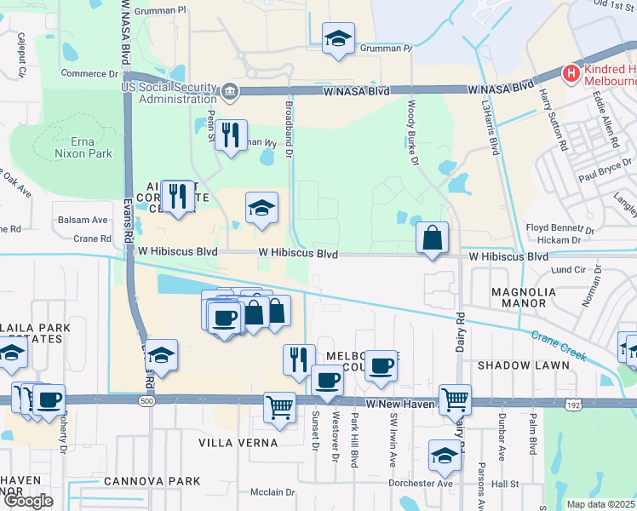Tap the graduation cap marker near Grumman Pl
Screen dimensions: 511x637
pyautogui.click(x=338, y=38)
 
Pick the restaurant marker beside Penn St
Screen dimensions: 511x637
pyautogui.click(x=230, y=135)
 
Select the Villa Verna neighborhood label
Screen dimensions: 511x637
pyautogui.click(x=238, y=443)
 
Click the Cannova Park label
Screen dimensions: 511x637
pyautogui.click(x=152, y=481)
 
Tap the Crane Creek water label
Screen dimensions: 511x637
pyautogui.click(x=560, y=345)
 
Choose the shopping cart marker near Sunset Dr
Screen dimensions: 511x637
pyautogui.click(x=279, y=407)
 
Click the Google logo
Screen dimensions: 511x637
pyautogui.click(x=28, y=501)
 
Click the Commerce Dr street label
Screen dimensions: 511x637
pyautogui.click(x=89, y=74)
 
